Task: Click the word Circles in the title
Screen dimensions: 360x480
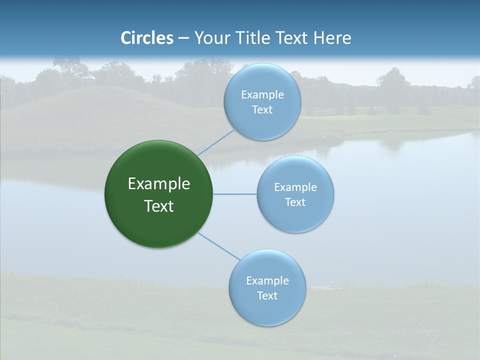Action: (x=147, y=38)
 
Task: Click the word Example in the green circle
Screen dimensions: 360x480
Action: (x=158, y=184)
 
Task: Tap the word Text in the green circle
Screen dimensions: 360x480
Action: (x=158, y=206)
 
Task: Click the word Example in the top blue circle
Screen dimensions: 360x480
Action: (x=262, y=95)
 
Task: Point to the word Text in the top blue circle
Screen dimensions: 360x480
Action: (x=262, y=110)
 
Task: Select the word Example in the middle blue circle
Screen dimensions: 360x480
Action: (x=295, y=187)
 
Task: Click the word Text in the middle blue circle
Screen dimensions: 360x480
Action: (x=295, y=202)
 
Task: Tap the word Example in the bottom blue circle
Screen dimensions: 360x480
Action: (x=267, y=281)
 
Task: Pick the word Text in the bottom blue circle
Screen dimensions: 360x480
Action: (x=267, y=296)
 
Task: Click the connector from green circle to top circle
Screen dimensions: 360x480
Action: (x=216, y=142)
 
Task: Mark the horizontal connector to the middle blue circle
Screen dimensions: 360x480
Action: (x=234, y=194)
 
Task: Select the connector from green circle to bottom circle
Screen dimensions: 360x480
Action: (x=219, y=246)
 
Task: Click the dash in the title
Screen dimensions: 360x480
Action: (x=183, y=38)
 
